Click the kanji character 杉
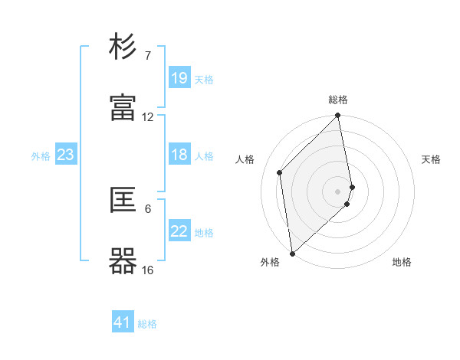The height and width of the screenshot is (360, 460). [x=123, y=47]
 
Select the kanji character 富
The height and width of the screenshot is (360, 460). [x=123, y=108]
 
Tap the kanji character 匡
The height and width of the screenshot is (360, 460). [x=123, y=201]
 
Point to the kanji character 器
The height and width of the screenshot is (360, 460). [x=123, y=261]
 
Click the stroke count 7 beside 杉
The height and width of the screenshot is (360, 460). [x=148, y=56]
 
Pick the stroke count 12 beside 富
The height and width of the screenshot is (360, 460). [x=148, y=117]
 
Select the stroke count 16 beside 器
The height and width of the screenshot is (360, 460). [x=148, y=270]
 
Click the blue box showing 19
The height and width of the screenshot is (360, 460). [x=179, y=78]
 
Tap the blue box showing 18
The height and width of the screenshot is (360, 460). [x=179, y=155]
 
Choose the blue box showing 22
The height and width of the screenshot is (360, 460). [x=179, y=231]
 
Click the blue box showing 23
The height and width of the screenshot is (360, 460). [x=66, y=155]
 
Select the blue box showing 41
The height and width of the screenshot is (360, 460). [x=123, y=322]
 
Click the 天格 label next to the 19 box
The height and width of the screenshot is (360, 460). [x=204, y=79]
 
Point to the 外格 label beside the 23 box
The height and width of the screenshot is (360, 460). [x=41, y=155]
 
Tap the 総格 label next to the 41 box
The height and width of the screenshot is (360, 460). [x=147, y=323]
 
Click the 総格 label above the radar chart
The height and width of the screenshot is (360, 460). [x=338, y=100]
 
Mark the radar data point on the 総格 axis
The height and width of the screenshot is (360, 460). [x=338, y=116]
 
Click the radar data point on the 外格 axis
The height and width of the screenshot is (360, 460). [x=292, y=253]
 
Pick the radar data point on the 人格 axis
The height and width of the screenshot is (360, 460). [x=280, y=172]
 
